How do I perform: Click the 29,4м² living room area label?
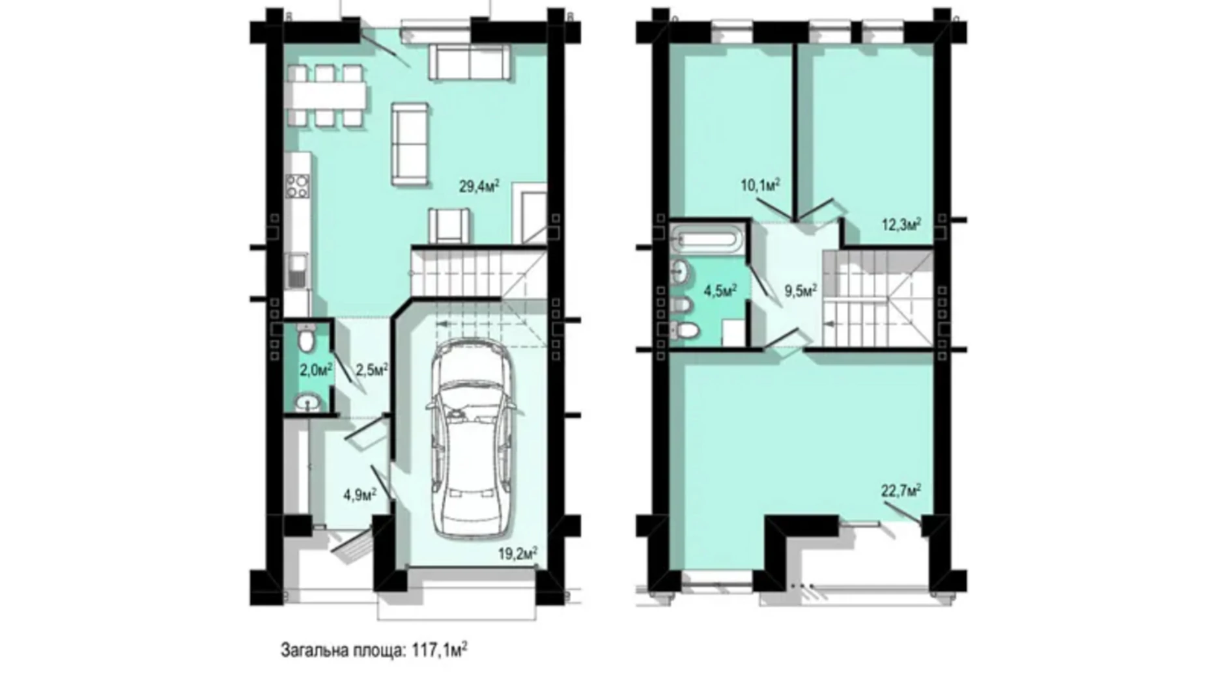pos(479,187)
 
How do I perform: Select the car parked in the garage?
pos(470,439)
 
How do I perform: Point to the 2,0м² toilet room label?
pos(316,370)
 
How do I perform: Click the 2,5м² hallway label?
pos(372,370)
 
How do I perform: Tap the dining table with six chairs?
pos(328,96)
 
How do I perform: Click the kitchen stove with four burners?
pos(298,187)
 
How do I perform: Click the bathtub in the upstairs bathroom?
pos(706,238)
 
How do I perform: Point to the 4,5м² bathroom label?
pos(720,290)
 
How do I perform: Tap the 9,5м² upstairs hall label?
pos(801,290)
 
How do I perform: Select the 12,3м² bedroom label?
pos(901,225)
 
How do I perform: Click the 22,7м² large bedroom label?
pos(901,491)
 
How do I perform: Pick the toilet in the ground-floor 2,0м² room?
pos(305,338)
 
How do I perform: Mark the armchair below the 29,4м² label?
pos(449,225)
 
